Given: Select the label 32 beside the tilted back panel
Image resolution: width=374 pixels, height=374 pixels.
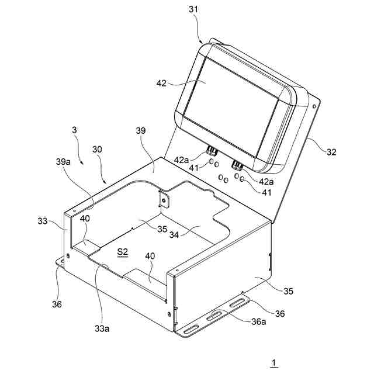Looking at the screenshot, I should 332,153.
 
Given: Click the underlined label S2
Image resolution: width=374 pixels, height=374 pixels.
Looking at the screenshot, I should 123,252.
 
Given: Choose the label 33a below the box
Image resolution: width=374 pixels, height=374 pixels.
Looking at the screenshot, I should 102,328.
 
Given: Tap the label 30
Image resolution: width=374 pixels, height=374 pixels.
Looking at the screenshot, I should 97,150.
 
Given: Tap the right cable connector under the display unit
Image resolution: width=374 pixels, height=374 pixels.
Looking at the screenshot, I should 238,164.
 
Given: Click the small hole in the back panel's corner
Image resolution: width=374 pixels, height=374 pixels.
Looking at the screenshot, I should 316,106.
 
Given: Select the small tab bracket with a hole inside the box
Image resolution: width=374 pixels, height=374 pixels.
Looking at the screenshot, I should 164,200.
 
